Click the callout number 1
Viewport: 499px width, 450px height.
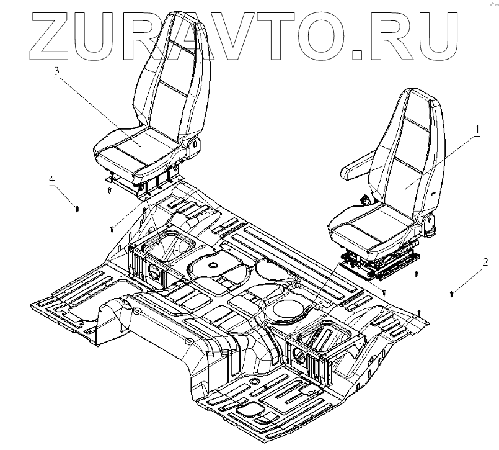point(477,130)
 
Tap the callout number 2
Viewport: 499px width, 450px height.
point(485,261)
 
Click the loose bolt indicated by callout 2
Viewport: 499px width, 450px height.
point(453,291)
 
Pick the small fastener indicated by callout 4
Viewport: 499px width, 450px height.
point(76,208)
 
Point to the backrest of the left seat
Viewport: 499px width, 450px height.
point(164,74)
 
